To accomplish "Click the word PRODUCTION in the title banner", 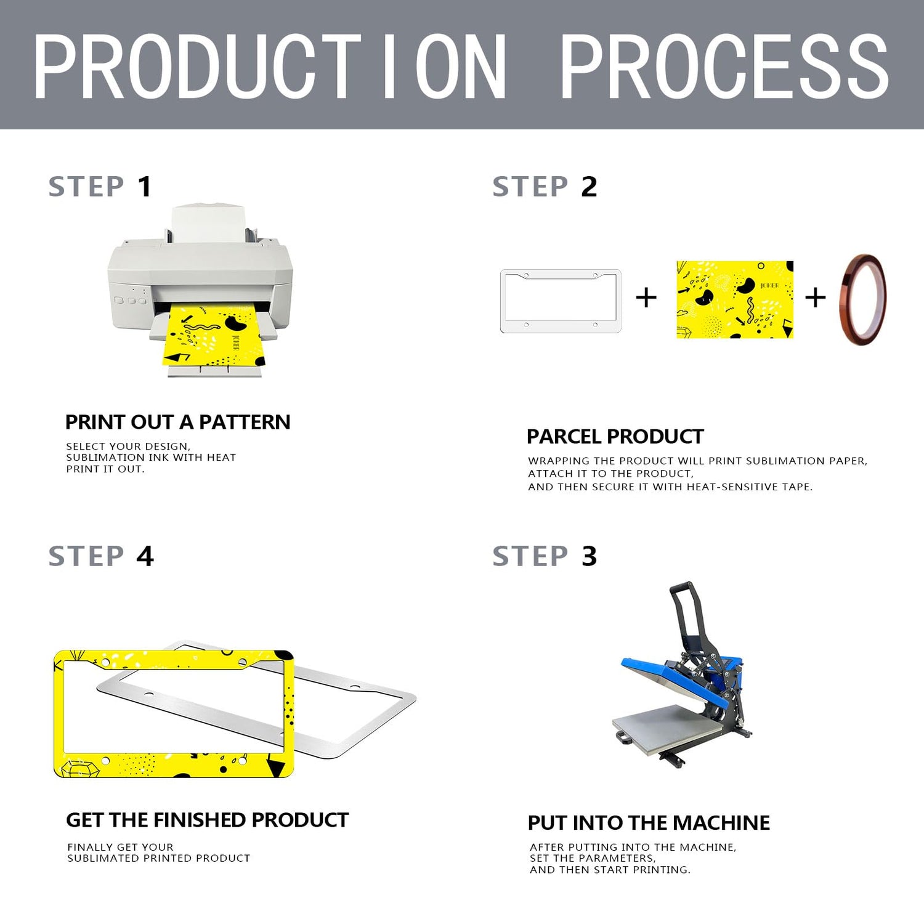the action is tap(270, 67).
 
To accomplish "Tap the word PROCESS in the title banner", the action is tap(724, 67).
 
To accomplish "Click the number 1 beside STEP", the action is tap(145, 187).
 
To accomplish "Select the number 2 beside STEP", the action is tap(589, 187).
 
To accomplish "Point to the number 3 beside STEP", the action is tap(589, 556).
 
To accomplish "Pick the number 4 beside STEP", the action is tap(145, 556).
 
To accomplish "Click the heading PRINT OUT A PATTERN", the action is tap(177, 422).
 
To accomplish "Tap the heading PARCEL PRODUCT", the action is tap(615, 436).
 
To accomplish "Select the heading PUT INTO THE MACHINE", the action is tap(649, 822).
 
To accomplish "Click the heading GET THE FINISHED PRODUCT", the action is tap(207, 820).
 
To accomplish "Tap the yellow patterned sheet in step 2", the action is tap(735, 299).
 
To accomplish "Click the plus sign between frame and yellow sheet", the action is tap(646, 298).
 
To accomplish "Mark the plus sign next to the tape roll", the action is tap(816, 298).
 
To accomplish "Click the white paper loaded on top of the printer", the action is tap(208, 224).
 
